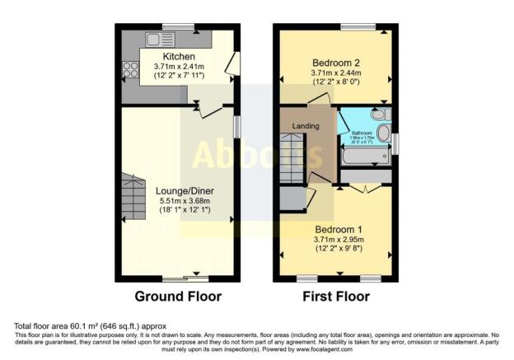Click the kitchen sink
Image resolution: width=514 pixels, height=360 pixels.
157,39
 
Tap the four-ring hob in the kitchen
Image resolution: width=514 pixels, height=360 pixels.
130,70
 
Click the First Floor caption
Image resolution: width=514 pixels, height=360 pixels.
337,297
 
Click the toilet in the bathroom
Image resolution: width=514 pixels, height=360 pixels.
379,115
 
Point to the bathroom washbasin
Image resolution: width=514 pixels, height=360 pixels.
384,132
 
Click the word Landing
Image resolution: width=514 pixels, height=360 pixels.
307,125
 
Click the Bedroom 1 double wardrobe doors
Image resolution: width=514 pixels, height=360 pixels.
360,189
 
